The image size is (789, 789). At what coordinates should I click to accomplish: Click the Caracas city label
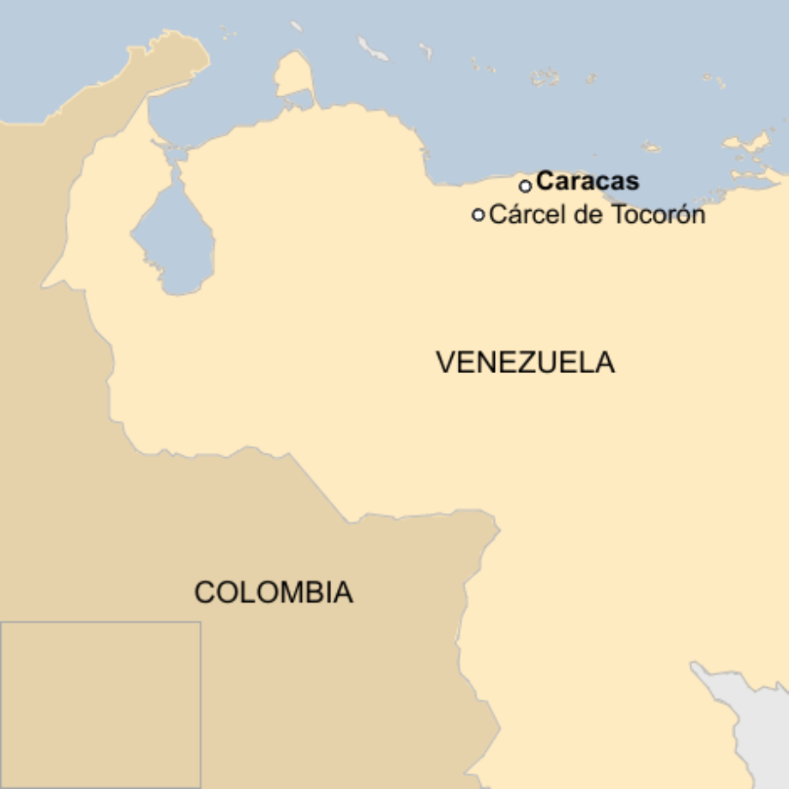pyautogui.click(x=587, y=182)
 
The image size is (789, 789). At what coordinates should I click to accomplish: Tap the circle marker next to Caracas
pyautogui.click(x=526, y=186)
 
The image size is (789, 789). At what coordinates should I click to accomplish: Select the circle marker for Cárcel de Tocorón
pyautogui.click(x=479, y=214)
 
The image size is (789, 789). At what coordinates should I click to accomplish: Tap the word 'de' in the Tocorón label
pyautogui.click(x=588, y=214)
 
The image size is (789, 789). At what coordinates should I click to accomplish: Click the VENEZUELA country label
pyautogui.click(x=525, y=362)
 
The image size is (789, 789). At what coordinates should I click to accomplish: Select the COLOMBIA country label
pyautogui.click(x=273, y=592)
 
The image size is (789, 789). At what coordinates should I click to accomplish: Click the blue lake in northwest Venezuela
pyautogui.click(x=173, y=240)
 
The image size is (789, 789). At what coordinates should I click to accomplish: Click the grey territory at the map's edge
pyautogui.click(x=755, y=729)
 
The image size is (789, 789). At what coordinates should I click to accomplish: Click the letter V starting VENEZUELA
pyautogui.click(x=445, y=362)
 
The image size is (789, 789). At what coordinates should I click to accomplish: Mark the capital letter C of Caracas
pyautogui.click(x=545, y=182)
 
